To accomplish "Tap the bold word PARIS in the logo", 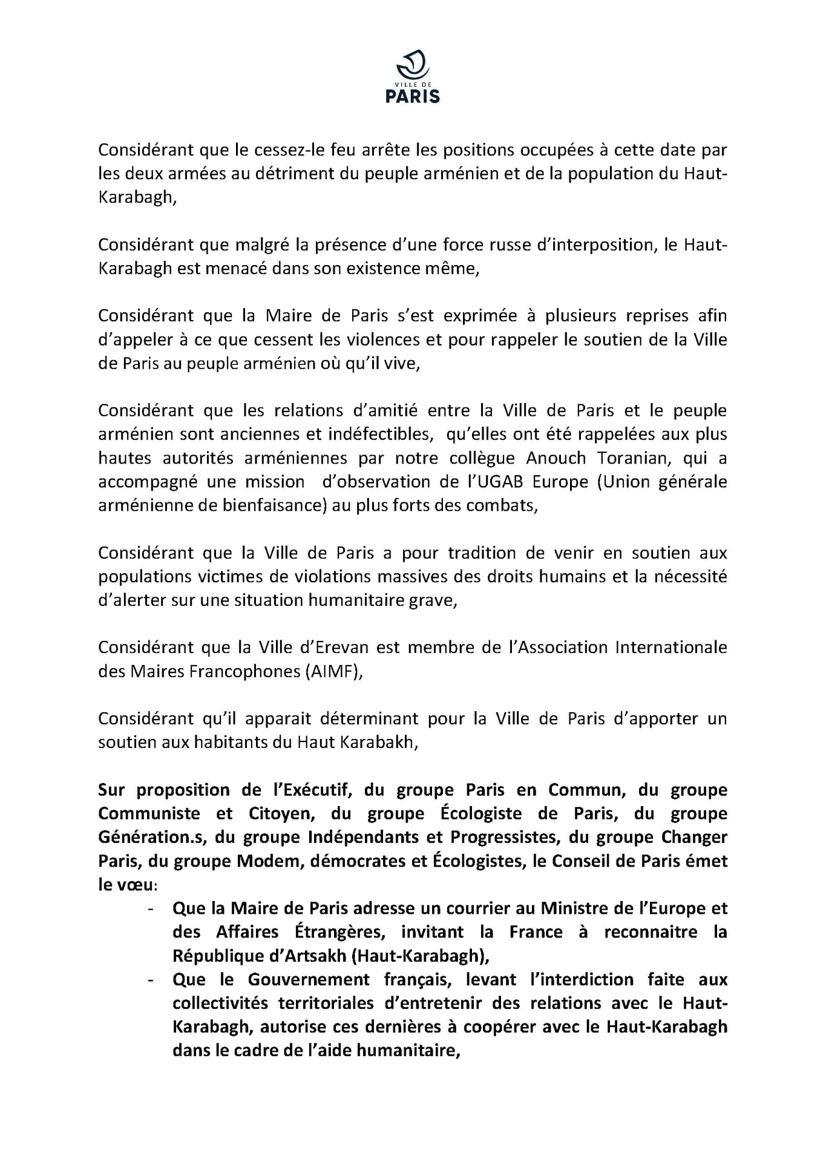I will tap(413, 96).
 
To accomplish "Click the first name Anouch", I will tap(556, 458).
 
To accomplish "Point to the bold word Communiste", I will tap(149, 813).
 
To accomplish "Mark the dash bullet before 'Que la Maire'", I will tap(151, 908).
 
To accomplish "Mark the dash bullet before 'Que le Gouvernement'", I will tap(151, 980).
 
